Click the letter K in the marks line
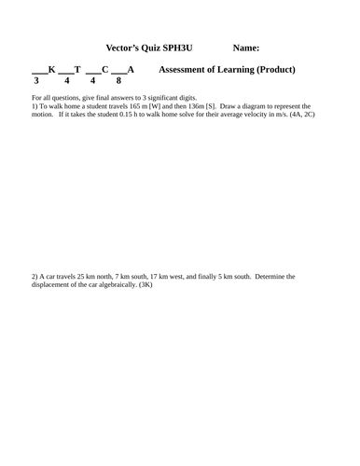tap(52, 70)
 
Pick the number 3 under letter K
tap(36, 81)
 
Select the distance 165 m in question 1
tap(134, 107)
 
